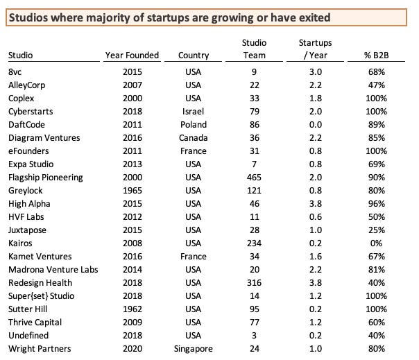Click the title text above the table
(169, 17)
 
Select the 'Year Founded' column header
(132, 55)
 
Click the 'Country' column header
(194, 55)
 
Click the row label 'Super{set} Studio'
(41, 296)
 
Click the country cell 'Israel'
(194, 111)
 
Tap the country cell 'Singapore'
(194, 349)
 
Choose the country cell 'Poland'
(194, 124)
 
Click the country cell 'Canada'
(194, 137)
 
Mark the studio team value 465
(254, 177)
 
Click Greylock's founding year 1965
(132, 190)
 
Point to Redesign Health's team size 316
(254, 283)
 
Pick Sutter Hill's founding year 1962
(132, 309)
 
